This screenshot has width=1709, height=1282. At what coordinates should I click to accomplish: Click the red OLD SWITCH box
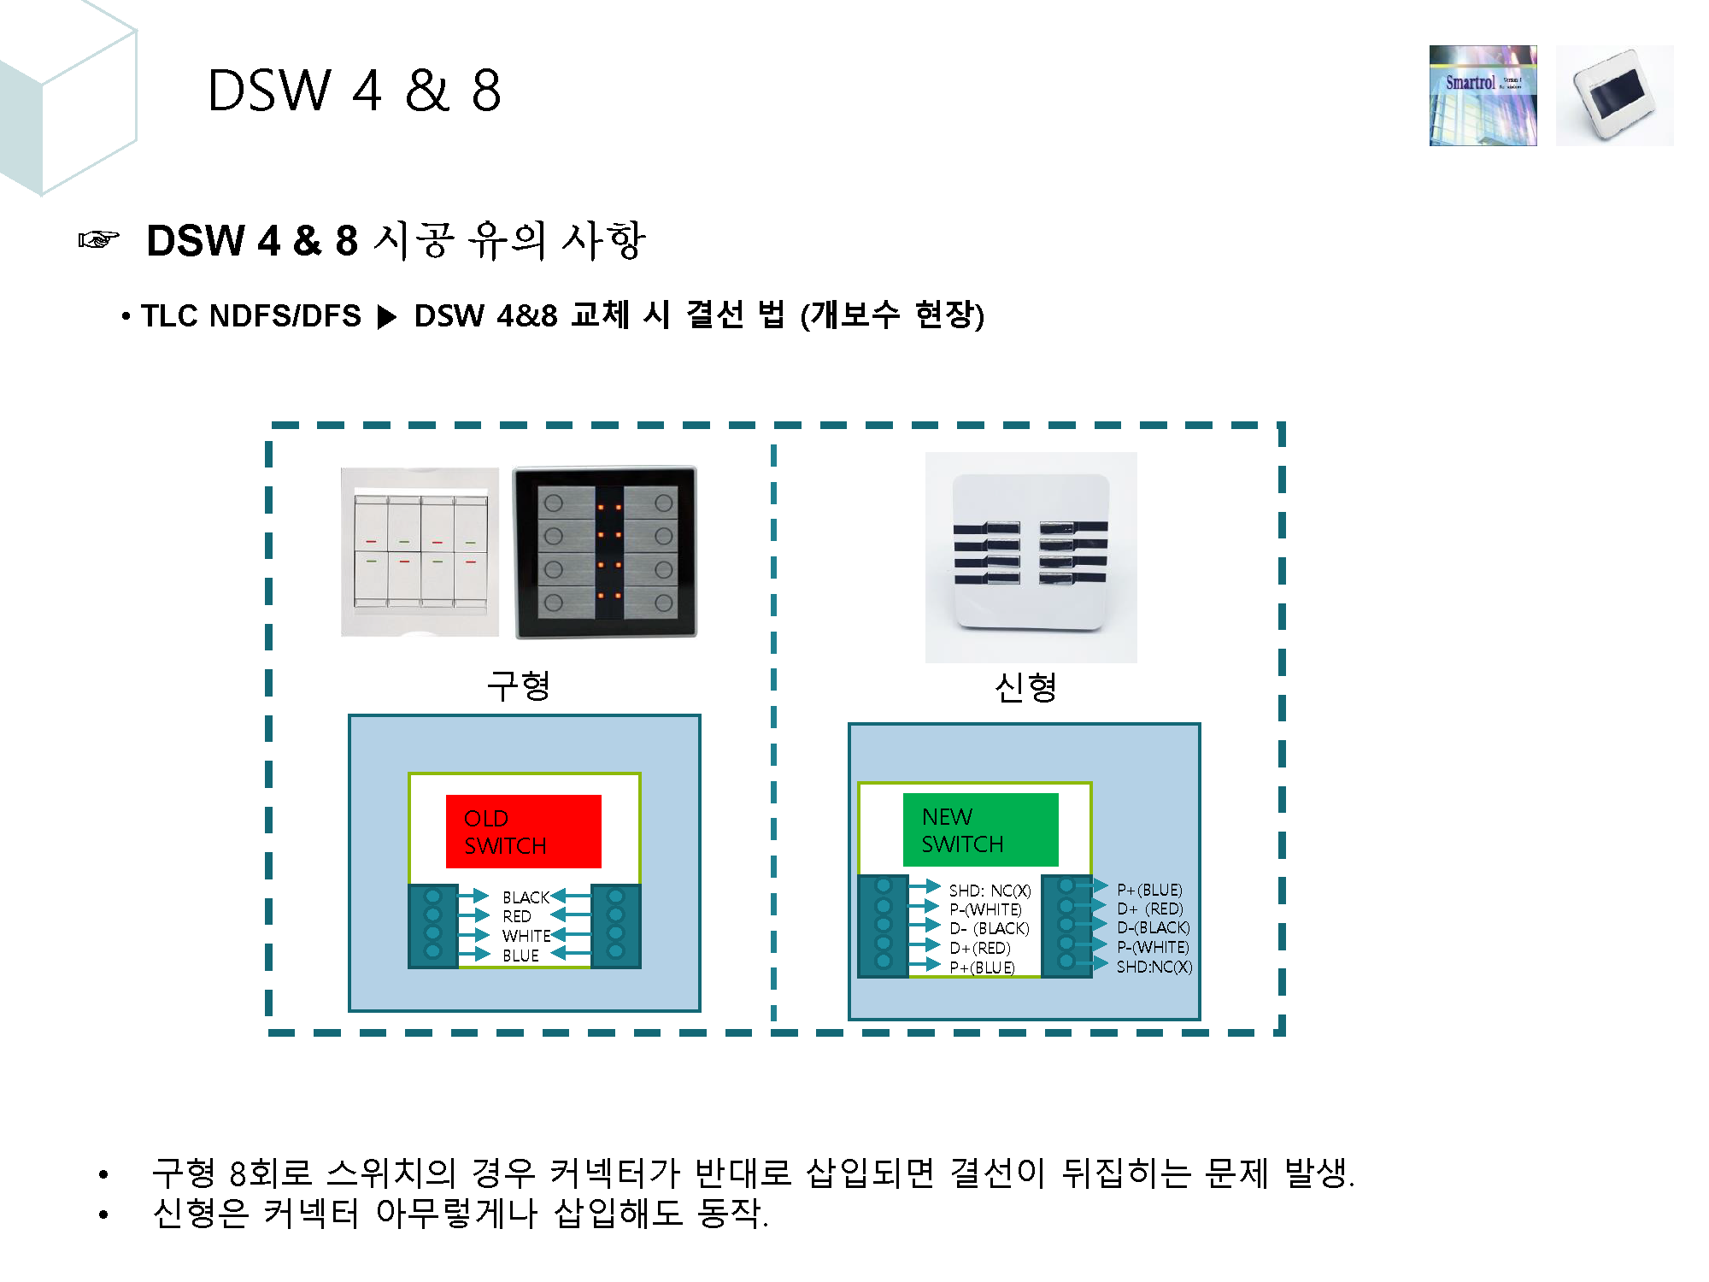(523, 831)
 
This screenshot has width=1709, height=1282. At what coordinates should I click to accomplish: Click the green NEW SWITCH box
(980, 829)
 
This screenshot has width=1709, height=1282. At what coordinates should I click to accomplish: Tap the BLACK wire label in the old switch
(526, 897)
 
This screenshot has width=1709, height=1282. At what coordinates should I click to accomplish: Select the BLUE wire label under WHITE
(520, 956)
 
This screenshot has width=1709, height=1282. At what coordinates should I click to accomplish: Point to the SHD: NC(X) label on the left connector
(990, 891)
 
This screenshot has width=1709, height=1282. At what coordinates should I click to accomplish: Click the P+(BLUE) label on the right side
(1149, 890)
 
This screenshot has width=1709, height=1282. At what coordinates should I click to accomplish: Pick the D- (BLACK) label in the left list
(990, 928)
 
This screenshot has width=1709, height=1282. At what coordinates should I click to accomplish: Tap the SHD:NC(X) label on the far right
(1154, 967)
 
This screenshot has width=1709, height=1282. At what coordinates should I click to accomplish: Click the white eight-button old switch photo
(420, 552)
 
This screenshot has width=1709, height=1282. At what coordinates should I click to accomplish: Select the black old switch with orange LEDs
(605, 552)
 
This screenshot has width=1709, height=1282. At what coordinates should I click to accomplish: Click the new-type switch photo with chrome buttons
(1031, 556)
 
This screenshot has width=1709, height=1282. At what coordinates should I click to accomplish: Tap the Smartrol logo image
(1483, 96)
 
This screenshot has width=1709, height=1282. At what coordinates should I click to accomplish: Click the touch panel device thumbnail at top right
(1614, 96)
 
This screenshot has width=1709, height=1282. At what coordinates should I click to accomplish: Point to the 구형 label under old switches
(518, 685)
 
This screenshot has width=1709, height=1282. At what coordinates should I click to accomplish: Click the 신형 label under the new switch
(1026, 686)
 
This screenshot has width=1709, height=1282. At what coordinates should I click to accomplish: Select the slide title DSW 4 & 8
(354, 91)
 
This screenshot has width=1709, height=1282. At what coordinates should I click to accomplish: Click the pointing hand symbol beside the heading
(98, 240)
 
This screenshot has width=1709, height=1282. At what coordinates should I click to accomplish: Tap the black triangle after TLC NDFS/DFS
(387, 317)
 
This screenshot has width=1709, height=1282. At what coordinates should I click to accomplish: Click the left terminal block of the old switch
(433, 925)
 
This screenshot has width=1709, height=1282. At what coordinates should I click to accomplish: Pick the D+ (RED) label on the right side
(1150, 909)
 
